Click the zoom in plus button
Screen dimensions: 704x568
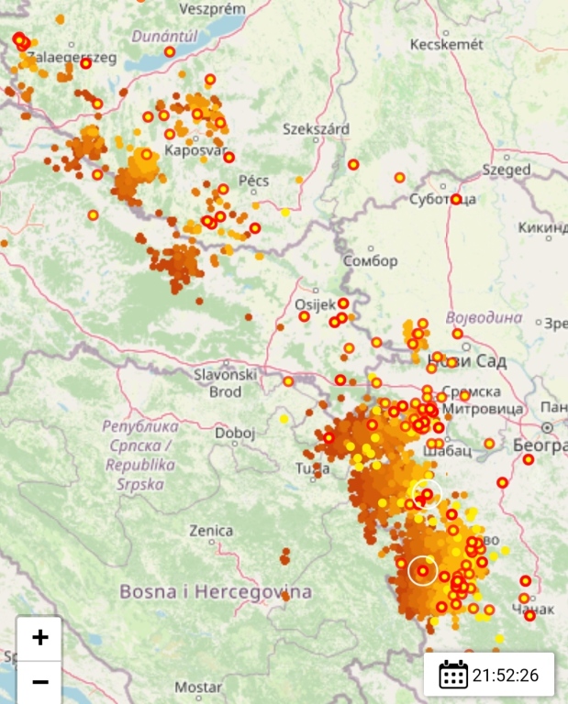tap(39, 638)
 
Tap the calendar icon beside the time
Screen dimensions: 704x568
tap(453, 675)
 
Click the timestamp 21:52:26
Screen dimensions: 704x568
tap(506, 676)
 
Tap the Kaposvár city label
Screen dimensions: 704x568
tap(194, 150)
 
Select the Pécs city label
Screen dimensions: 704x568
tap(253, 181)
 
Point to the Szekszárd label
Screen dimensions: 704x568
tap(316, 129)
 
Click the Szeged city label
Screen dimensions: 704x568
tap(506, 170)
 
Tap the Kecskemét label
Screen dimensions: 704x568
tap(445, 44)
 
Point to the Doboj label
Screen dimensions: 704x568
tap(235, 433)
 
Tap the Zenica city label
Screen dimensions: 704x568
tap(210, 530)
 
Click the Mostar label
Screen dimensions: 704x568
tap(199, 687)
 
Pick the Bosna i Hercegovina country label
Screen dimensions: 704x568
tap(215, 591)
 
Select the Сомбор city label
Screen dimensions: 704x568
tap(370, 260)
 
